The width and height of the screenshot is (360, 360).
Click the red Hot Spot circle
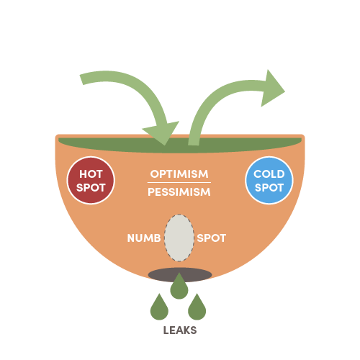[91, 180]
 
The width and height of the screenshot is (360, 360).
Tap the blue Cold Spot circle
[269, 180]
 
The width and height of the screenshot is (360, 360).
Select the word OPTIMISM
[179, 174]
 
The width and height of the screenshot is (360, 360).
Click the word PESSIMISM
[179, 192]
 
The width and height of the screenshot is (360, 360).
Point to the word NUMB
[144, 238]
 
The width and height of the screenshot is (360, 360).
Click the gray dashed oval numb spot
[179, 238]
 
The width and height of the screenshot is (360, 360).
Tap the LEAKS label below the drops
[180, 330]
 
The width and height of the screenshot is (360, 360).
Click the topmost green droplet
[179, 286]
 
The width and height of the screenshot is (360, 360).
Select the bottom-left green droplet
[159, 307]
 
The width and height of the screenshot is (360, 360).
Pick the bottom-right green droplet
[197, 307]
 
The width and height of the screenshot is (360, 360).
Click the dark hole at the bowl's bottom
[180, 275]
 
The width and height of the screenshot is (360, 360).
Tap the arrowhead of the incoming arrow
[163, 132]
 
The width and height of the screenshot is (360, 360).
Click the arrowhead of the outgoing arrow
[272, 89]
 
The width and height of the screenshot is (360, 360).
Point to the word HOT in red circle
[91, 174]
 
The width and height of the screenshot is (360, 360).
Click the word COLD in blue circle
[269, 174]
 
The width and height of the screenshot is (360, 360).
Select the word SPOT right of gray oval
[212, 238]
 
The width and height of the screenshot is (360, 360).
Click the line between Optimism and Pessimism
[179, 183]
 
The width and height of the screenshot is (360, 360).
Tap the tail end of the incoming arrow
[81, 79]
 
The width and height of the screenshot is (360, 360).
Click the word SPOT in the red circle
[91, 187]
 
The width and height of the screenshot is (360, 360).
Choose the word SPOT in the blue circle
[269, 187]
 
